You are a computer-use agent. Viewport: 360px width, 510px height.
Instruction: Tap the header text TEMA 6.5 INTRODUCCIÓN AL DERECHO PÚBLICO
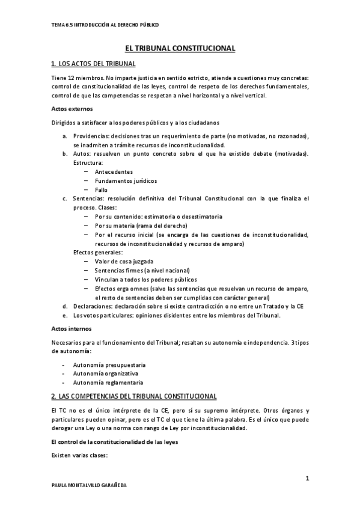(x=105, y=25)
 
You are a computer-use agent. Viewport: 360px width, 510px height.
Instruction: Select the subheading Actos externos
(x=69, y=109)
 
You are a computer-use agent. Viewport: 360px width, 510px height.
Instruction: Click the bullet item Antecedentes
(x=114, y=172)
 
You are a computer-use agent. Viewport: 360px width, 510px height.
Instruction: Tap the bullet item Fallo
(x=101, y=190)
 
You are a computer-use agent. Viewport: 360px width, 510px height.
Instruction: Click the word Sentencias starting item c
(x=88, y=198)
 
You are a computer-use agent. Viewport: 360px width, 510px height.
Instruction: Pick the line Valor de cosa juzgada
(x=123, y=262)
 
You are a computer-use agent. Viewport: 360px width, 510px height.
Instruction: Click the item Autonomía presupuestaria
(x=109, y=365)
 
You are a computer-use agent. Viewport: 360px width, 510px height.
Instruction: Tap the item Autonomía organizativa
(x=105, y=373)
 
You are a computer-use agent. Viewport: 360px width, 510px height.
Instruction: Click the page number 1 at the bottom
(x=307, y=478)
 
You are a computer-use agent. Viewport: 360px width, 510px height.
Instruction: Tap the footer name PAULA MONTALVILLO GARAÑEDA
(x=90, y=485)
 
